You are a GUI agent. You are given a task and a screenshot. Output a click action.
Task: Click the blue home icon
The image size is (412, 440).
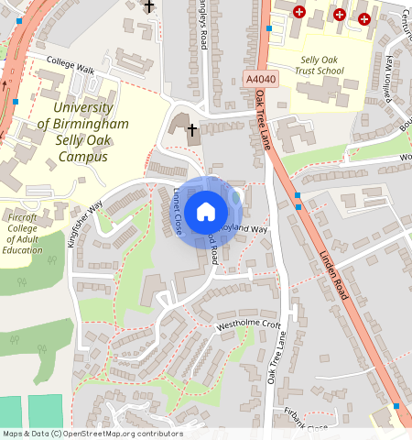206,212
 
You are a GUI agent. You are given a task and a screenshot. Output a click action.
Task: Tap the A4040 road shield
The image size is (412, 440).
260,80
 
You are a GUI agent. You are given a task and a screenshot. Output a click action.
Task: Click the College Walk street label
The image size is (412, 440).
73,60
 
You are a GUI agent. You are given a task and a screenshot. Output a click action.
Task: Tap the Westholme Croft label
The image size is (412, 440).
248,324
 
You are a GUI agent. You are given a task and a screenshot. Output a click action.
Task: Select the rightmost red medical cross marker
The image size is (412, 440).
363,18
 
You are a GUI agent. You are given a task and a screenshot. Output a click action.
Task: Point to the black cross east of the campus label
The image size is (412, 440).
192,129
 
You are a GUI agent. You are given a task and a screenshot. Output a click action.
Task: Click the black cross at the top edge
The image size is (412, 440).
149,6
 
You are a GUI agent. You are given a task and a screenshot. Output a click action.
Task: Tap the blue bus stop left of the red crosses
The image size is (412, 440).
269,28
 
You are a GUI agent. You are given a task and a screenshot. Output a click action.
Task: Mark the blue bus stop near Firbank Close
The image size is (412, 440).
396,405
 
